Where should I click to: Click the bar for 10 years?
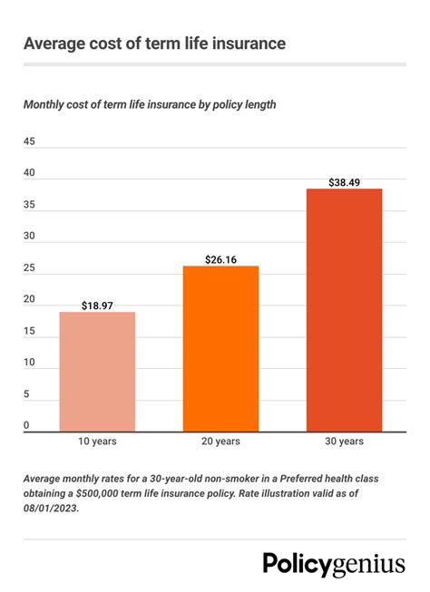point(97,372)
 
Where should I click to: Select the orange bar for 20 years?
point(220,348)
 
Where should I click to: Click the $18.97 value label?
point(97,304)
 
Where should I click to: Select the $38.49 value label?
point(344,181)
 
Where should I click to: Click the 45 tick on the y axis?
point(29,142)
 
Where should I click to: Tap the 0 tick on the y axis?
point(26,425)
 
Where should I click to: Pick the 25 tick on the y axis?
point(29,268)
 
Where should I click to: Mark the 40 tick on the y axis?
point(29,173)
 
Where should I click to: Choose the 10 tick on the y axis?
point(29,363)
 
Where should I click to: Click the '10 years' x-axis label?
point(97,442)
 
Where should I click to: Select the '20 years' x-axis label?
point(220,442)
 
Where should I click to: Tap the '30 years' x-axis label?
point(344,442)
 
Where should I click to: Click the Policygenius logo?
point(334,563)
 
